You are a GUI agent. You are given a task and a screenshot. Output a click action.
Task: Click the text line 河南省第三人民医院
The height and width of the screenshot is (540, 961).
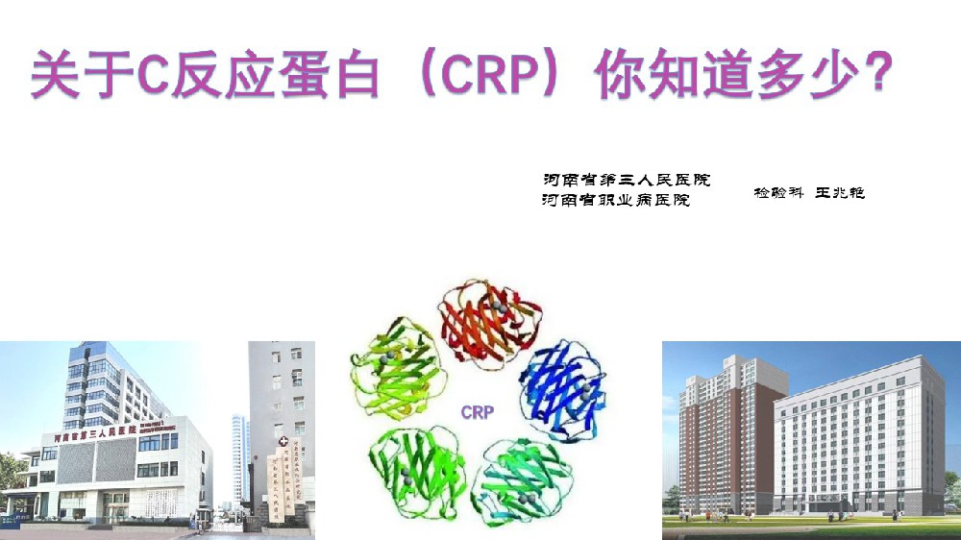[626, 180]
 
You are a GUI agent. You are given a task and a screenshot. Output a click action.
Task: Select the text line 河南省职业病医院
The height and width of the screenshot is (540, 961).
[616, 201]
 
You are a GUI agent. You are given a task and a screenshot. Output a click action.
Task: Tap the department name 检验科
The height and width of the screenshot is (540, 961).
[778, 193]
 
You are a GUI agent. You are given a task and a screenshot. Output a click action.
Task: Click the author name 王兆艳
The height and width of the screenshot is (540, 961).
[841, 193]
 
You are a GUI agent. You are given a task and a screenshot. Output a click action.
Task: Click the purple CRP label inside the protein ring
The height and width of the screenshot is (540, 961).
[478, 413]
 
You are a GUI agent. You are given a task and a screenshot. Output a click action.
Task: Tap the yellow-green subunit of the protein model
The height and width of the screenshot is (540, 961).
[393, 369]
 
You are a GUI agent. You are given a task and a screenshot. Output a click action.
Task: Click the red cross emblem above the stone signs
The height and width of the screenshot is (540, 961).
[283, 441]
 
